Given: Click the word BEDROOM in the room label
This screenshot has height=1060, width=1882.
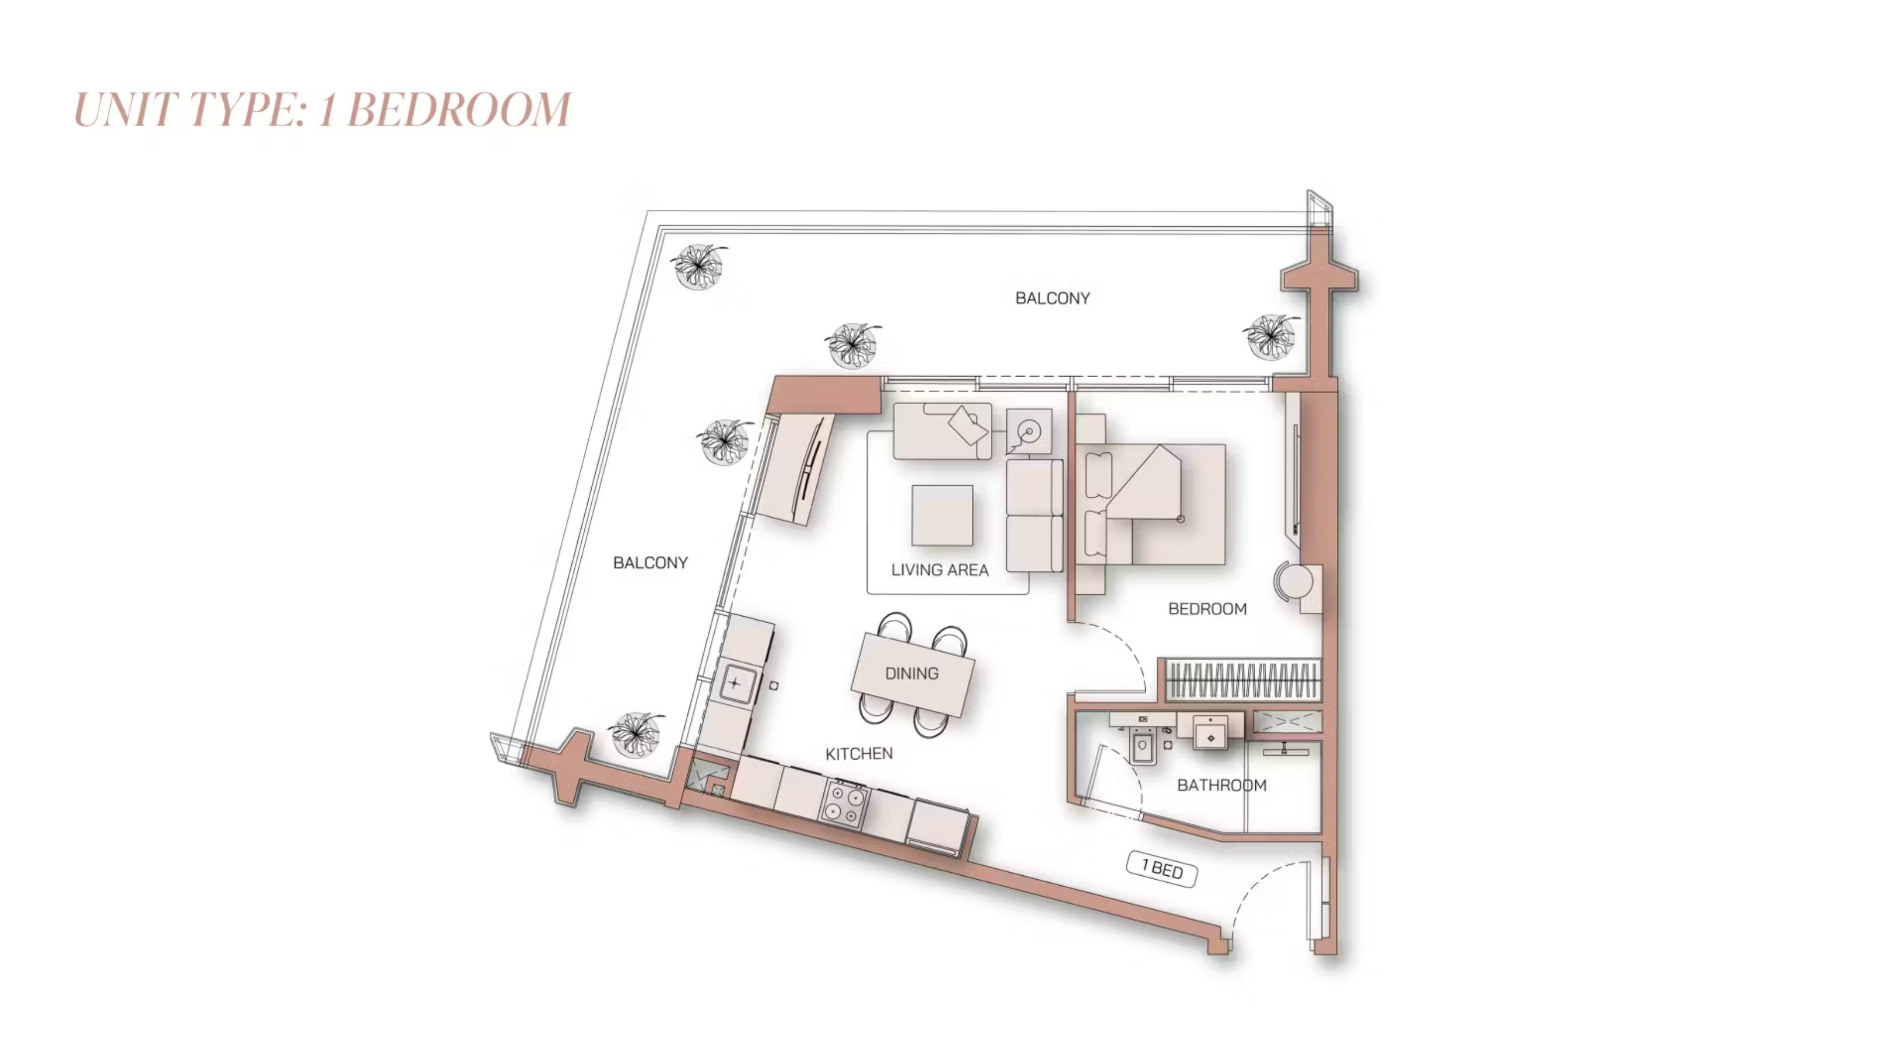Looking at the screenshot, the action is [1207, 609].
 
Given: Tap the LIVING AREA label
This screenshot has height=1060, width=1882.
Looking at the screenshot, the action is [939, 570].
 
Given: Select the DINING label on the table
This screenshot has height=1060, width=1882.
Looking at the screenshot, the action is [912, 673].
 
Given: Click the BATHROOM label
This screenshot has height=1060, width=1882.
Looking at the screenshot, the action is [1221, 785].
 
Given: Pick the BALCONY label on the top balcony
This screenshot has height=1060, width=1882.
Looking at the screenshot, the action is [1053, 298].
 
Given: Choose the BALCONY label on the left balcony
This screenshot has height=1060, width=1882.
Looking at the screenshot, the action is [650, 563].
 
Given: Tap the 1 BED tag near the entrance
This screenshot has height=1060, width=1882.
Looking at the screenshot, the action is [1161, 869].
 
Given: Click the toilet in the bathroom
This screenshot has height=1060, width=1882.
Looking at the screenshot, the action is [1143, 745].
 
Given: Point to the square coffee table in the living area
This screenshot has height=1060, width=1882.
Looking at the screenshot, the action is [942, 515].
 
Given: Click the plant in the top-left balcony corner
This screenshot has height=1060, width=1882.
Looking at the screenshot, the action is [699, 266].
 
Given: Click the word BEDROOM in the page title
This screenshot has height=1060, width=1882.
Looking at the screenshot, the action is [459, 110].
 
